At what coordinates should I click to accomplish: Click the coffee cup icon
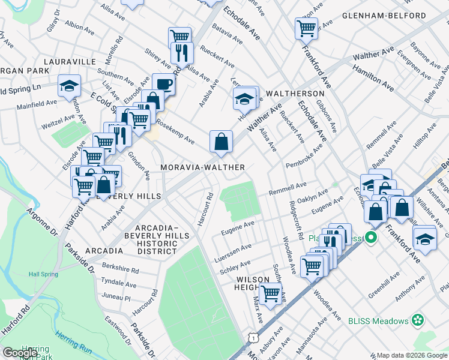[x=163, y=83]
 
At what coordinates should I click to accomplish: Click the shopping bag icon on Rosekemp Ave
[x=221, y=142]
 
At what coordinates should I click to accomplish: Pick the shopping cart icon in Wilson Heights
[x=271, y=293]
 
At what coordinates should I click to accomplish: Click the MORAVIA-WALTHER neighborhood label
[x=202, y=167]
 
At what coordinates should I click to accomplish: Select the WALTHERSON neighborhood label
[x=295, y=94]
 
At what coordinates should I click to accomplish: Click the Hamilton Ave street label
[x=373, y=79]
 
